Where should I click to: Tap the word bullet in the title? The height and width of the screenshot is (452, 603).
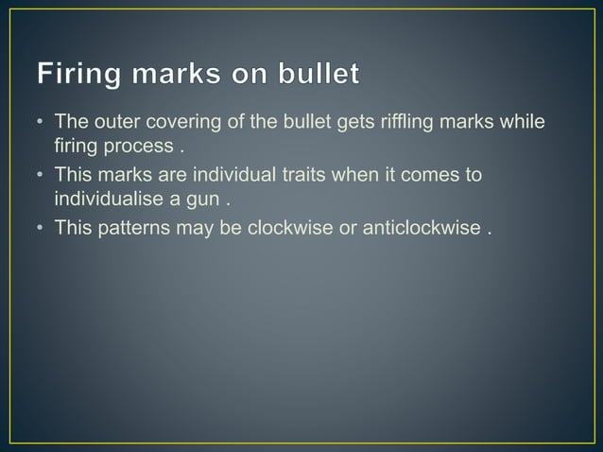pos(317,74)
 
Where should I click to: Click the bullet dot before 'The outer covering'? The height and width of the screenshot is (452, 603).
pos(40,123)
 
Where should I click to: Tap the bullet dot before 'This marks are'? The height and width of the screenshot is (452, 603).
pos(40,175)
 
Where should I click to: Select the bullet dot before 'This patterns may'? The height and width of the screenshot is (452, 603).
pos(40,227)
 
